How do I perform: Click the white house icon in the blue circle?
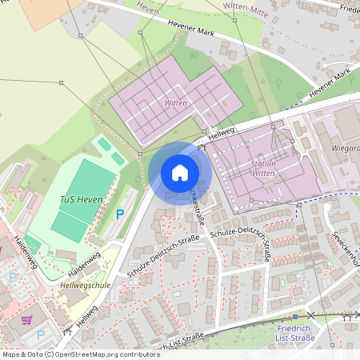180,173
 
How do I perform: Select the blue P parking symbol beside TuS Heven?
121,214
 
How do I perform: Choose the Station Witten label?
263,168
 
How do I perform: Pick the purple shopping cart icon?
26,320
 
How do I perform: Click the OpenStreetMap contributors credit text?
80,354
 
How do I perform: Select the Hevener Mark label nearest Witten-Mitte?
190,29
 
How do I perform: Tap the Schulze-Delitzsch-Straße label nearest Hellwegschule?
162,258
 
